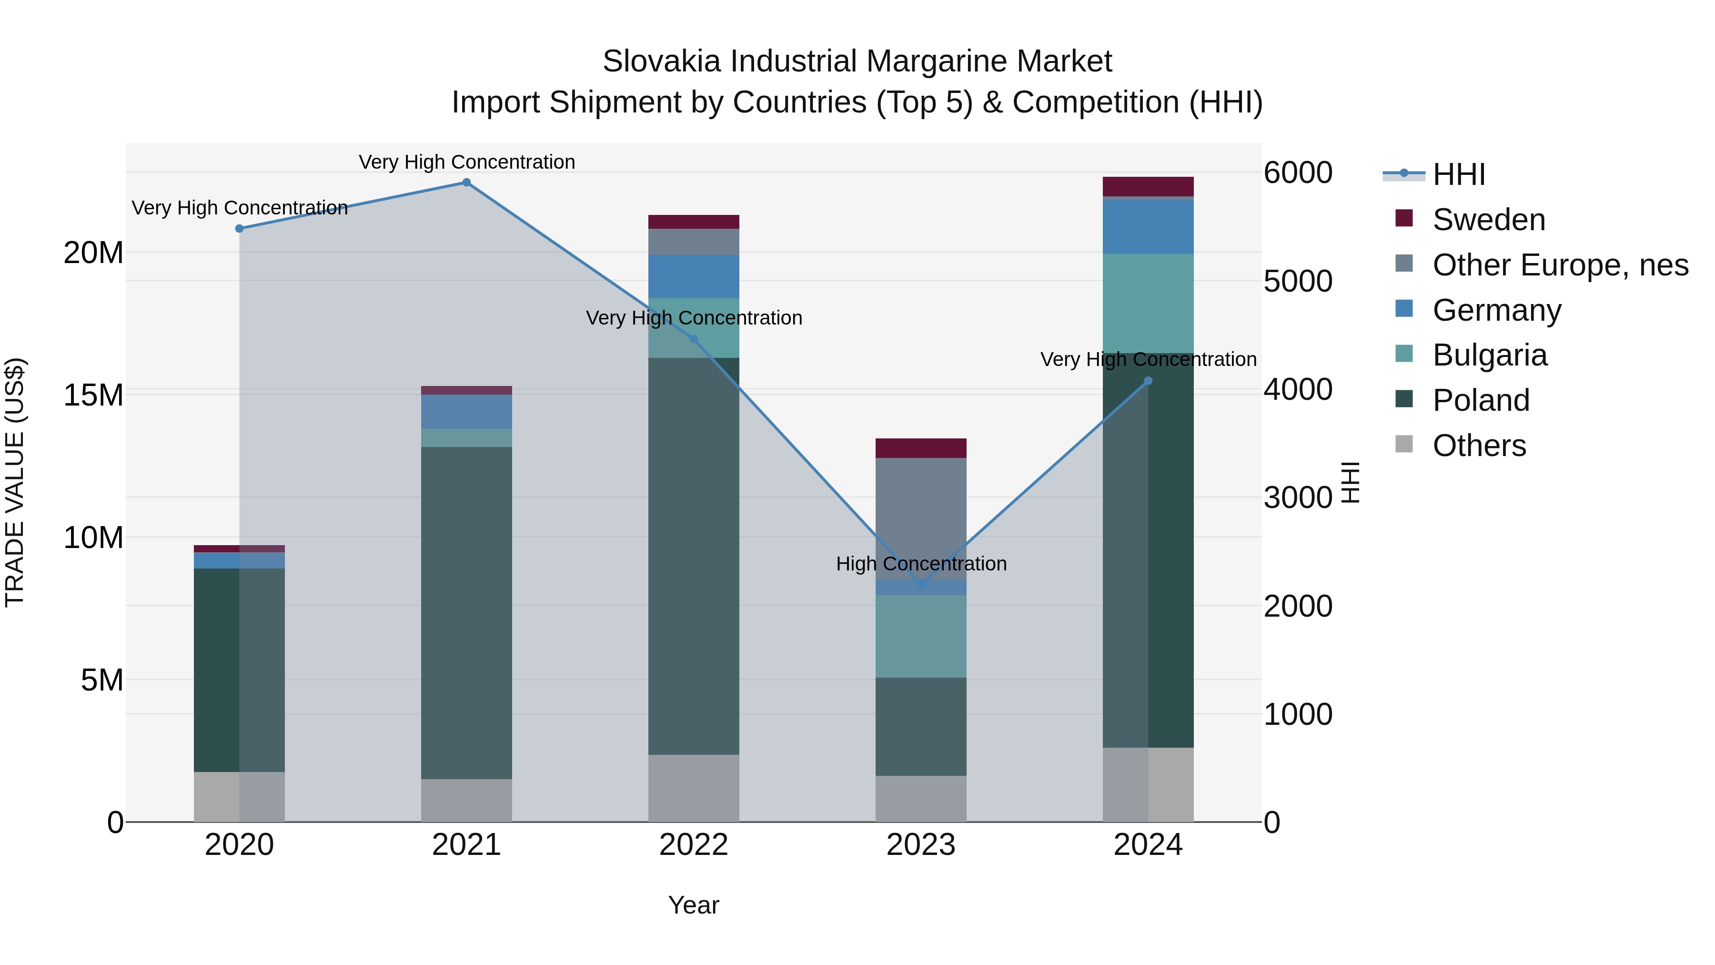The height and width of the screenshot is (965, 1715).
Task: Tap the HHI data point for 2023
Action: [x=921, y=585]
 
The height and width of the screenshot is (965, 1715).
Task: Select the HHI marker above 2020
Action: [x=240, y=228]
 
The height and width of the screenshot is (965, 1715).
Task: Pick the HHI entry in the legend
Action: [x=1458, y=174]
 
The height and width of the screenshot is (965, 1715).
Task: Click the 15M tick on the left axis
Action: [x=93, y=395]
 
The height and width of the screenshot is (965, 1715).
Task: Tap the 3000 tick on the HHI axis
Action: [x=1298, y=498]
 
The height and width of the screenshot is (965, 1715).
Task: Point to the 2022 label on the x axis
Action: [x=694, y=845]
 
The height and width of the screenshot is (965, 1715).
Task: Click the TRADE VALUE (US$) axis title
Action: [x=15, y=482]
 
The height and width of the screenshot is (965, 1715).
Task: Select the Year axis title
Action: [x=694, y=905]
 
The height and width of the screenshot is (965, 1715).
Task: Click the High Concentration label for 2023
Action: [x=921, y=564]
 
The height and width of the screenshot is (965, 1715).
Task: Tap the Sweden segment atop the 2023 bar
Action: [x=921, y=448]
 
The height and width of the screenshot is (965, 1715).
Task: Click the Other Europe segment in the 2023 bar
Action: [x=921, y=518]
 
